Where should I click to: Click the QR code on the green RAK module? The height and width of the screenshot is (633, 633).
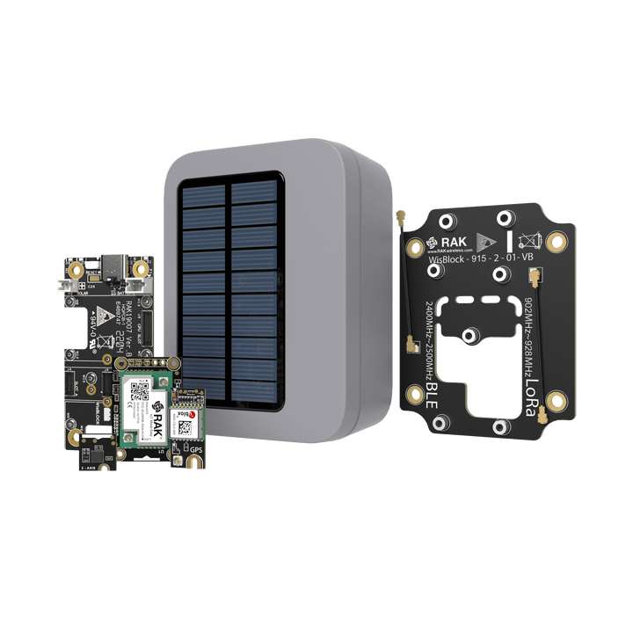(137, 394)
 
